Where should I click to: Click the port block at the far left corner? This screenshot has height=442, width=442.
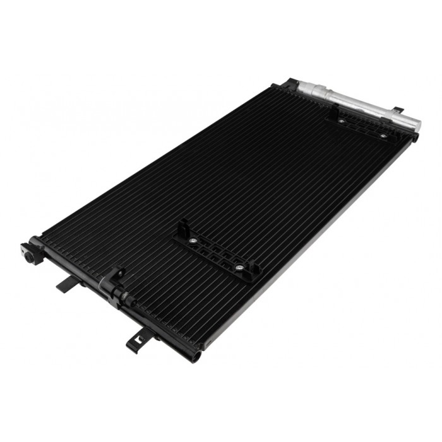32,252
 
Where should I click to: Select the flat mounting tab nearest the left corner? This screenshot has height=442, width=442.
69,284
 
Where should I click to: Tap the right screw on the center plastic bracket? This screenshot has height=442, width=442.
239,268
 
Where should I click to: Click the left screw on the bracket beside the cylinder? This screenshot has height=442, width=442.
342,120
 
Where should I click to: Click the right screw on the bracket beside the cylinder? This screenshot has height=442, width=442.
383,135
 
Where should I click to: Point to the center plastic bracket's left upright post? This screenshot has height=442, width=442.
182,228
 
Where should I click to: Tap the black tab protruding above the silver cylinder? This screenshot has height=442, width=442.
398,110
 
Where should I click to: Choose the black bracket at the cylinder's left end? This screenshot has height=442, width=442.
290,83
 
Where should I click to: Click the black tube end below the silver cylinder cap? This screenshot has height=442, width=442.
415,136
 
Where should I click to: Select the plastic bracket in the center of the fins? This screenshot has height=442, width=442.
215,250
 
